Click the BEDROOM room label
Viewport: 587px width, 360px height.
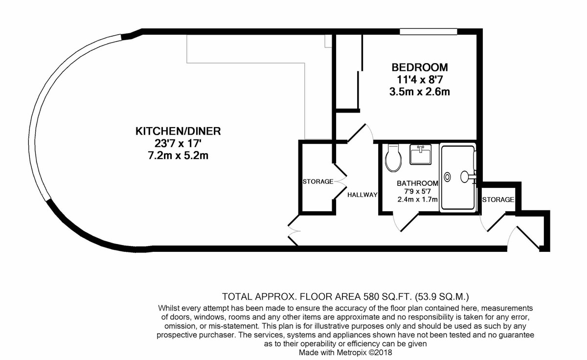point(420,67)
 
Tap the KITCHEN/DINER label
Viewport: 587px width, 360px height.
point(178,131)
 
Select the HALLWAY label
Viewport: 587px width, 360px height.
point(362,195)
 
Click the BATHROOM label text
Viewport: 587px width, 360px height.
point(417,183)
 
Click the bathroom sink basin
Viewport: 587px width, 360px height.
point(420,155)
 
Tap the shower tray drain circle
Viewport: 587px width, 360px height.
point(448,177)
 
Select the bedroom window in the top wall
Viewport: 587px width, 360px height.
point(429,32)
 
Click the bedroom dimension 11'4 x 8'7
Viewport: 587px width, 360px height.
point(420,79)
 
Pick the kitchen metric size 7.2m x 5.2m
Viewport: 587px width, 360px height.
point(178,156)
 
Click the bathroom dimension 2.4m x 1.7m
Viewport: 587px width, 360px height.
point(417,200)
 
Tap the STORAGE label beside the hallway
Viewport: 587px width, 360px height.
point(318,181)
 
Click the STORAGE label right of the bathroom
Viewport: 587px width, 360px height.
point(498,200)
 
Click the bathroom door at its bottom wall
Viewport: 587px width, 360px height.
point(406,222)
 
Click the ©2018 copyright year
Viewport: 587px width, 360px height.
point(380,352)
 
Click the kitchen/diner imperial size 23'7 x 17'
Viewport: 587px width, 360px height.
point(178,143)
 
